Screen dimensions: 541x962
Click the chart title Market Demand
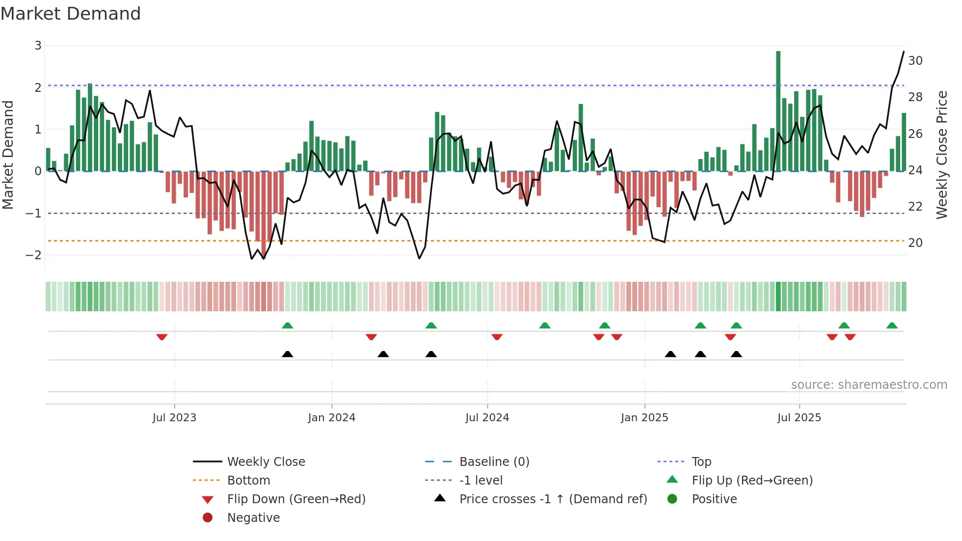click(71, 14)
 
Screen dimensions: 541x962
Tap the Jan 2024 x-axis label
click(331, 418)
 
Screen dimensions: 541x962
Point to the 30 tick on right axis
click(915, 61)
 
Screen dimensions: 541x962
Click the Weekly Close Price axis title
click(941, 155)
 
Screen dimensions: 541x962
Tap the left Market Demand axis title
click(8, 155)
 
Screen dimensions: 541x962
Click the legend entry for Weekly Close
click(266, 462)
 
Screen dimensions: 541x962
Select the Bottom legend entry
click(248, 481)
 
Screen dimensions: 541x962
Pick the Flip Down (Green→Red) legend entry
click(296, 499)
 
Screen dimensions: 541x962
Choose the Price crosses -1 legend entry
click(553, 499)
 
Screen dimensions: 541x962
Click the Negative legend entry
click(253, 518)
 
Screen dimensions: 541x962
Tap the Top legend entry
click(701, 462)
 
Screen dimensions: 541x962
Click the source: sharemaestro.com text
click(869, 385)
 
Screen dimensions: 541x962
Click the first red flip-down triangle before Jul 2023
click(162, 337)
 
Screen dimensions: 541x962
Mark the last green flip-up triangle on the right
click(892, 325)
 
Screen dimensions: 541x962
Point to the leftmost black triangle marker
click(288, 354)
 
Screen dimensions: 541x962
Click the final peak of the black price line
click(904, 52)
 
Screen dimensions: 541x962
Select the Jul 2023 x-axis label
click(174, 418)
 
